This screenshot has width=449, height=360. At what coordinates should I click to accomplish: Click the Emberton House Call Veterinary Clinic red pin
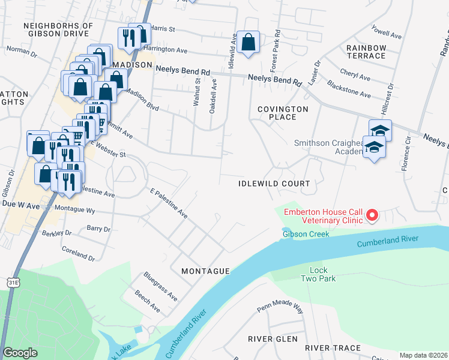coord(372,214)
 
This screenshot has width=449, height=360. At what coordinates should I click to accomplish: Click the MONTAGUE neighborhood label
coord(205,271)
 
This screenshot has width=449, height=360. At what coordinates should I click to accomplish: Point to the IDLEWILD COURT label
coord(274,184)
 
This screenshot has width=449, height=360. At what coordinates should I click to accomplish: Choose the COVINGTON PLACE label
coord(282,113)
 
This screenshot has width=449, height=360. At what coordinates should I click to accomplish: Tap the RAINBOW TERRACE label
coord(366,52)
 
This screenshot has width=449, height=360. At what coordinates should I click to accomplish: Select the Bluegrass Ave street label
coord(160,286)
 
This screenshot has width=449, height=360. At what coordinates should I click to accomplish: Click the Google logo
coord(20,353)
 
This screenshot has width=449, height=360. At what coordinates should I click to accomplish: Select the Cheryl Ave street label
coord(355,76)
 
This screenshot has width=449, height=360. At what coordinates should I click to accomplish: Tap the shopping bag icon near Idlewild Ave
coord(248,42)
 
